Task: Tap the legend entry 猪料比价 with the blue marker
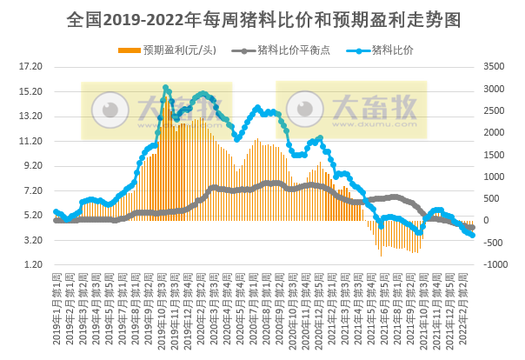391,50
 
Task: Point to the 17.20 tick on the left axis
30,66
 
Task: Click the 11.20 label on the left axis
30,141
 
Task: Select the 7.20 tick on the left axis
30,190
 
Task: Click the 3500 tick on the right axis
492,66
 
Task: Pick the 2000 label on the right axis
492,132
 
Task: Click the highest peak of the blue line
165,88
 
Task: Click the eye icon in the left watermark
110,110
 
